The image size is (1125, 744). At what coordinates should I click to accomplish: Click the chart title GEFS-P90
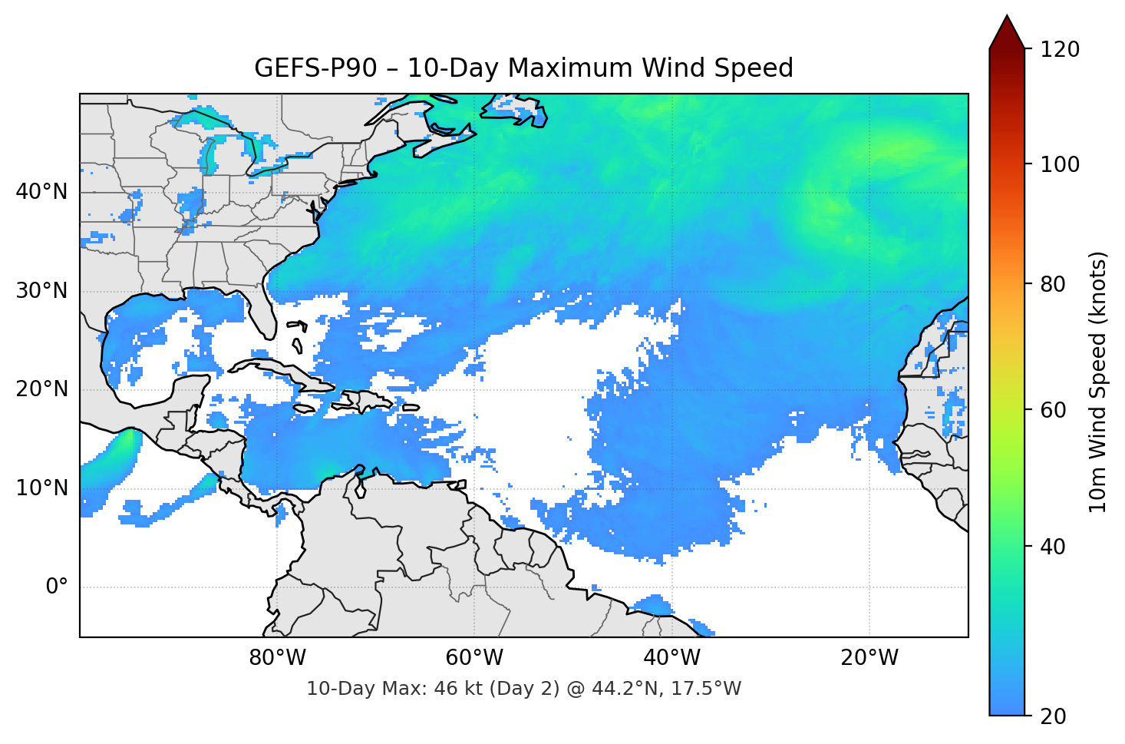315,68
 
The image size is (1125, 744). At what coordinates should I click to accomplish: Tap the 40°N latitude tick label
41,192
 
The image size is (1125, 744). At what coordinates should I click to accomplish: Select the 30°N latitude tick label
41,291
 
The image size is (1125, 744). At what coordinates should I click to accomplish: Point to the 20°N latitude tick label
41,389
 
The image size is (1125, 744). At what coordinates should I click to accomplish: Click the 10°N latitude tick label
41,488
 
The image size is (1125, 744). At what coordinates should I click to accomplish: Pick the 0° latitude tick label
57,587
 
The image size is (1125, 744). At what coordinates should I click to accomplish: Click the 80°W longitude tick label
277,658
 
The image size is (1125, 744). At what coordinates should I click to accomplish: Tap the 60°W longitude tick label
474,658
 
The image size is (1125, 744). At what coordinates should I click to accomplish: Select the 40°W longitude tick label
672,658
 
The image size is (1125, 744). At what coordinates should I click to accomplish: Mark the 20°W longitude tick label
869,658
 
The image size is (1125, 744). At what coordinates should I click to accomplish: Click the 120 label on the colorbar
1060,49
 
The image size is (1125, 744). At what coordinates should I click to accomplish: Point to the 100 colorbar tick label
1060,164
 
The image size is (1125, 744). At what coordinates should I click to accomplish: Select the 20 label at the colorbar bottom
1053,716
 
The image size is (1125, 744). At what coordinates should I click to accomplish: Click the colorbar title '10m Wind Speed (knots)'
1098,382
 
